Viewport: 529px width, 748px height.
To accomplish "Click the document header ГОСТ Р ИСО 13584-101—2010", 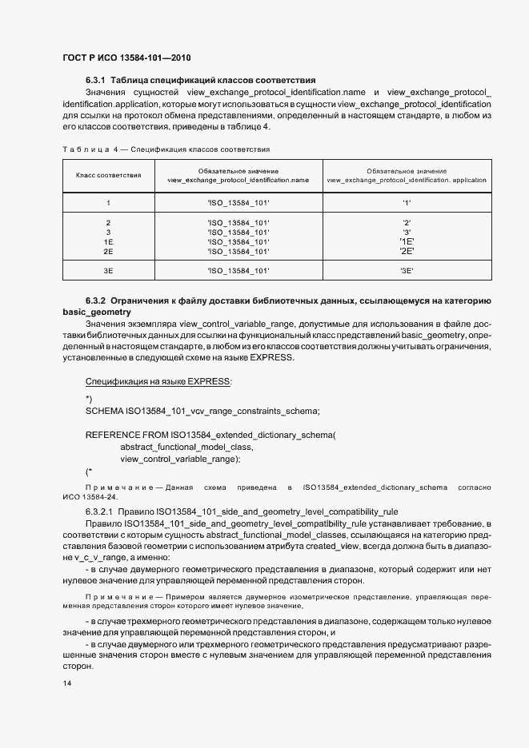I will point(126,58).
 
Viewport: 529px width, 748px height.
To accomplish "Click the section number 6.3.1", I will point(96,80).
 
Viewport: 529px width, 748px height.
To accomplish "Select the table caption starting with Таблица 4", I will point(166,149).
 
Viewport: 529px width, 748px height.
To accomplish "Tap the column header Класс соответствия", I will point(109,175).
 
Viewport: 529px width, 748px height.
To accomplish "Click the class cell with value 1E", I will point(109,241).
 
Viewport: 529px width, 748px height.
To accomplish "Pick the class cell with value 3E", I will point(109,272).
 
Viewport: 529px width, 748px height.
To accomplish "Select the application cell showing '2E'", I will point(407,252).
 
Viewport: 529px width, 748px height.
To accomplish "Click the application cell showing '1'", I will point(407,203).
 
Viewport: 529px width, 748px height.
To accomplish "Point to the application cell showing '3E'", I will point(407,272).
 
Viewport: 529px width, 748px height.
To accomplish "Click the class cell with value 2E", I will point(109,252).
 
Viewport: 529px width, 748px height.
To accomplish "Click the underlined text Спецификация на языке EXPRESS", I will point(158,382).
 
